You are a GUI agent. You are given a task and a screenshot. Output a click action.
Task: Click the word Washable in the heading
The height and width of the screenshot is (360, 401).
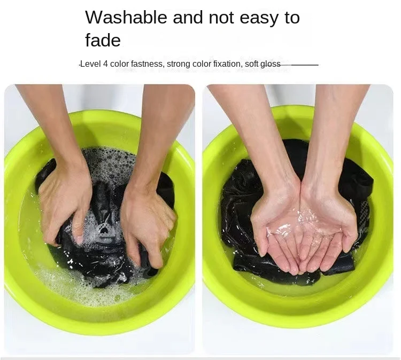(x=126, y=18)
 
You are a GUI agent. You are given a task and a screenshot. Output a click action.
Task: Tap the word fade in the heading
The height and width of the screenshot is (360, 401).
(x=103, y=40)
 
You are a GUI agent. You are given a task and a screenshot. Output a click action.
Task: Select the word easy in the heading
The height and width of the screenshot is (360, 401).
(x=259, y=19)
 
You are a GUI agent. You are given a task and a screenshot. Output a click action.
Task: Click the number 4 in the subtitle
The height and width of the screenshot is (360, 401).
(x=105, y=64)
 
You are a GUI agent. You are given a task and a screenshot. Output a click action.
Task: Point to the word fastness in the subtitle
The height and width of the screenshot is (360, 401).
(x=147, y=64)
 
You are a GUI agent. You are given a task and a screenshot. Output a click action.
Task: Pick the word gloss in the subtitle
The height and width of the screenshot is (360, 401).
(x=271, y=64)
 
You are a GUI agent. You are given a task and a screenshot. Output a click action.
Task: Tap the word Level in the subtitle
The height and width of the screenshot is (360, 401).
(x=91, y=64)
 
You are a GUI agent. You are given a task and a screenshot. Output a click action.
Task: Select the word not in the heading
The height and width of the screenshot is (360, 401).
(x=221, y=18)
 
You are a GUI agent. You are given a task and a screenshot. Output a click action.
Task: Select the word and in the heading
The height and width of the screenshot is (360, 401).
(x=188, y=18)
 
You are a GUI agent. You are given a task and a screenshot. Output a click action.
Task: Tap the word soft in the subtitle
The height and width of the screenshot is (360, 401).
(x=251, y=64)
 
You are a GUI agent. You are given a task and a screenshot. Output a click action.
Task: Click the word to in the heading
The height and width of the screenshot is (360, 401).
(x=292, y=18)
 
